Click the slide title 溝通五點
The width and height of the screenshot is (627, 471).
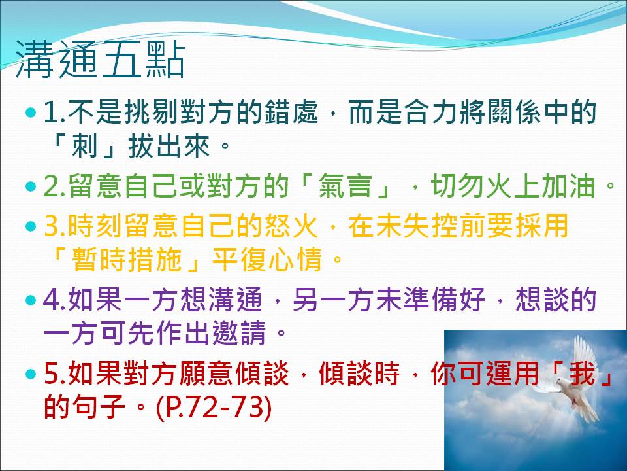(101, 60)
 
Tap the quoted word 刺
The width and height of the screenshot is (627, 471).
(84, 145)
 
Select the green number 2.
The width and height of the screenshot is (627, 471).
(55, 186)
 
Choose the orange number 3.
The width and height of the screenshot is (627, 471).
(55, 226)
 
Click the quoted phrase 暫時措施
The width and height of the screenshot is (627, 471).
(127, 260)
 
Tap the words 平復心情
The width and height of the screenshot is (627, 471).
(266, 260)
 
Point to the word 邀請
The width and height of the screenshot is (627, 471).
(239, 333)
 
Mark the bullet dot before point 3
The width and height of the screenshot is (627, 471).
(31, 226)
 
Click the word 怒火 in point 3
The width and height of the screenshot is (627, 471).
(291, 226)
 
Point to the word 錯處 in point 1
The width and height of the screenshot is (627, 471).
(291, 111)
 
